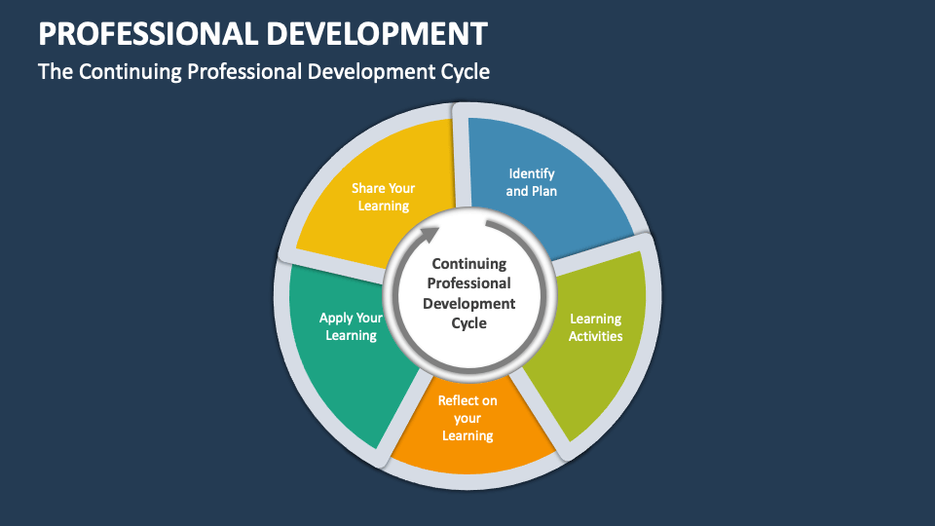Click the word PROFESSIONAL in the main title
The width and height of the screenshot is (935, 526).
[145, 34]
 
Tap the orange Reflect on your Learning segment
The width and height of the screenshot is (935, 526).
[467, 429]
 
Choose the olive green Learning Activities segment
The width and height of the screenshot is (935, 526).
[594, 341]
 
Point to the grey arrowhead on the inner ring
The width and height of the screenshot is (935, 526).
[430, 234]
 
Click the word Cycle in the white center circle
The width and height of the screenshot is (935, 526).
[468, 323]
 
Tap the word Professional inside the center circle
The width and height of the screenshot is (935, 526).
[468, 283]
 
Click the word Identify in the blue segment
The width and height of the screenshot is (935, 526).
[531, 173]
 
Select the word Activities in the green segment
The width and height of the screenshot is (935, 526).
[595, 336]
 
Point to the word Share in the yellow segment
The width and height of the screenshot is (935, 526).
[369, 188]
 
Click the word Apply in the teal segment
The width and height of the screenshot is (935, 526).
[337, 318]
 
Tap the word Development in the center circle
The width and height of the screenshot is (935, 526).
[468, 303]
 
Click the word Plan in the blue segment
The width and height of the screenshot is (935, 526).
[544, 191]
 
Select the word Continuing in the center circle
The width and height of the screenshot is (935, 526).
[468, 263]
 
